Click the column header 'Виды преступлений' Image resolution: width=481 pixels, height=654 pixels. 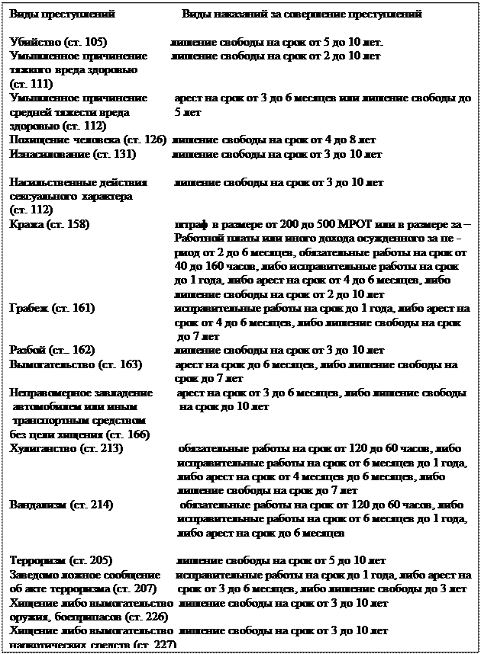pos(62,14)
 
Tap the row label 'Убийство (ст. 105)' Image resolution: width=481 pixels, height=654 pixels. pos(58,42)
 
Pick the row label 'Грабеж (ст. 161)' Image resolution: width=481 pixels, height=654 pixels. pos(52,308)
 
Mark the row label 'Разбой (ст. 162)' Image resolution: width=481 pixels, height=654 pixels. pos(52,350)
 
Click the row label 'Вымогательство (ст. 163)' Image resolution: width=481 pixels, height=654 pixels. pos(76,364)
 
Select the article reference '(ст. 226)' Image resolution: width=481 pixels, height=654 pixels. pos(142,616)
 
